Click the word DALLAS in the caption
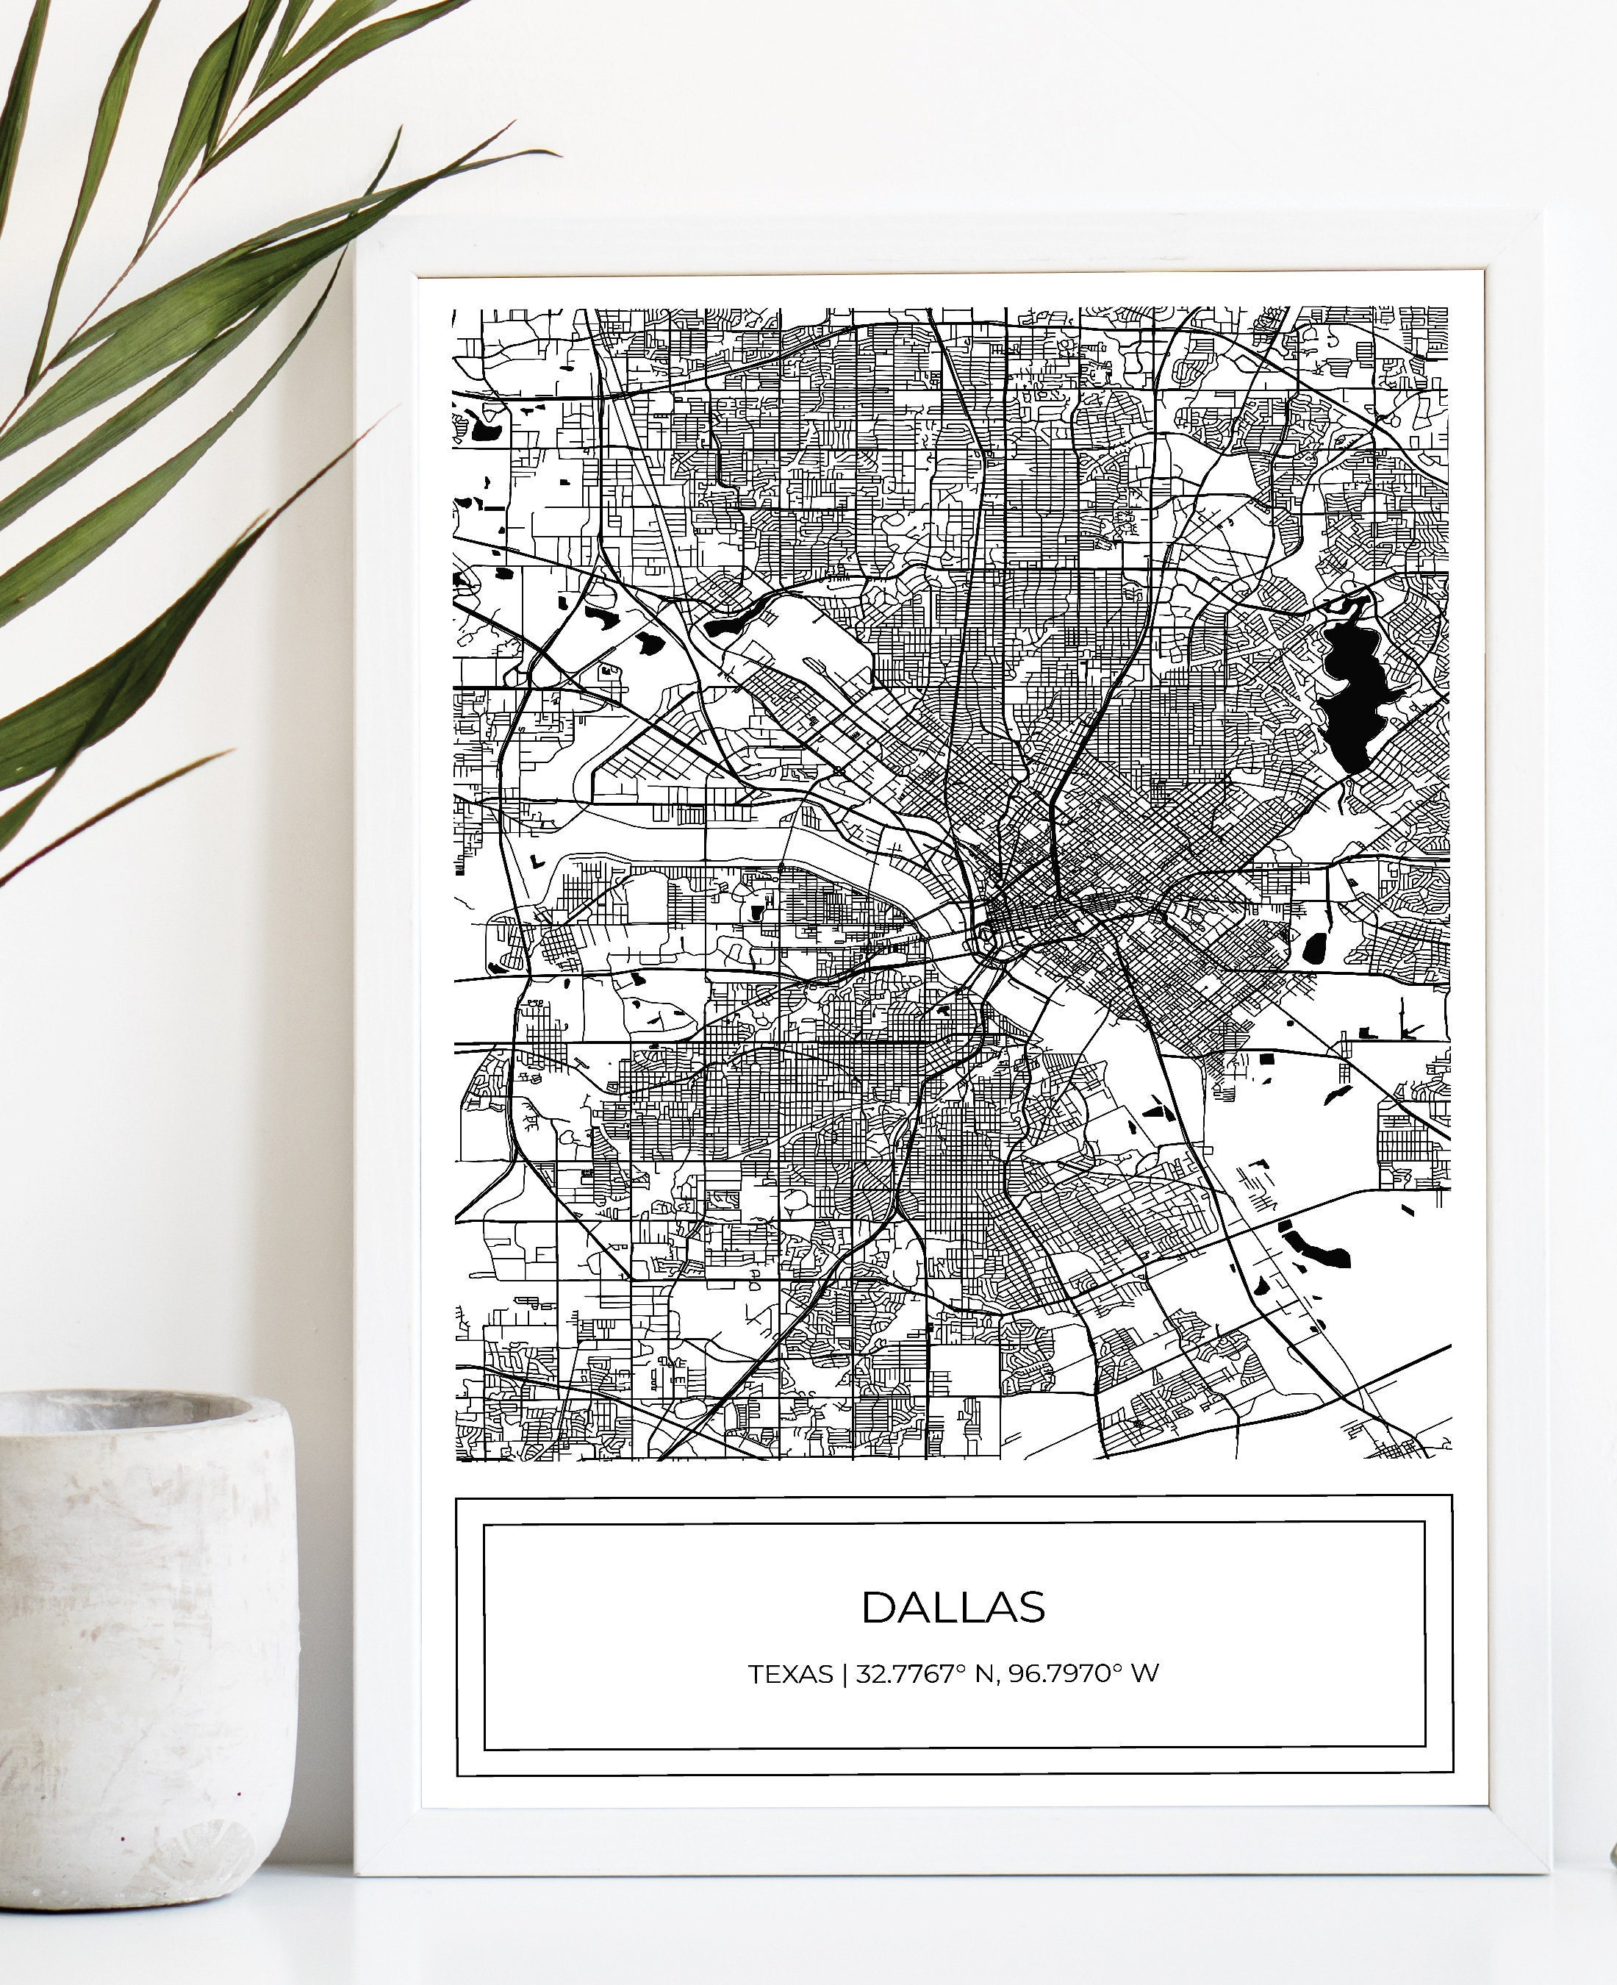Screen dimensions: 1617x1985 pos(953,1607)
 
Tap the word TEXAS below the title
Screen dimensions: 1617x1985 pos(791,1674)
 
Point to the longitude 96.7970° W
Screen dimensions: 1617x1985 pos(1083,1674)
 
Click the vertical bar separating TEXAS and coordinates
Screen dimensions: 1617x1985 pos(844,1674)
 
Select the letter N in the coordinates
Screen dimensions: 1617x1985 pos(983,1674)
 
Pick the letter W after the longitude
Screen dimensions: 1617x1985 pos(1146,1674)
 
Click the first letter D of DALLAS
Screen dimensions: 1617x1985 pos(878,1607)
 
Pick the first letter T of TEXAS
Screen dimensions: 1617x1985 pos(756,1674)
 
